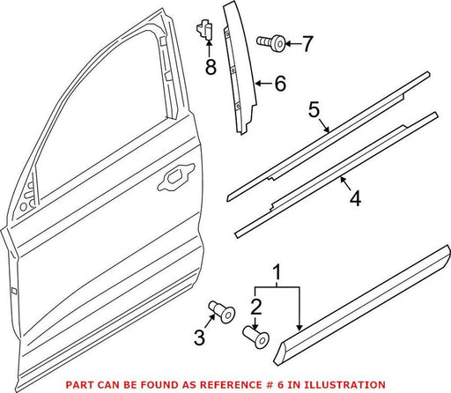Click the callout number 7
307,44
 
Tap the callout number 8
211,66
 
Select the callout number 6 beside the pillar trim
280,84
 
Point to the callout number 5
314,109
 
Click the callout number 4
355,198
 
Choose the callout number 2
256,307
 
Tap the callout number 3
199,337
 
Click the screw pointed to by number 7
270,43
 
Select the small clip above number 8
204,29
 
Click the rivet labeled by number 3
222,312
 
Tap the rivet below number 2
256,337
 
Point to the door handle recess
176,177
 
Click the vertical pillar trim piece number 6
240,69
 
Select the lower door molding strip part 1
361,306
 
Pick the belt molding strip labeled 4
336,175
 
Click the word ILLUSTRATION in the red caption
344,384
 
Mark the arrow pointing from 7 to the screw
293,44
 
